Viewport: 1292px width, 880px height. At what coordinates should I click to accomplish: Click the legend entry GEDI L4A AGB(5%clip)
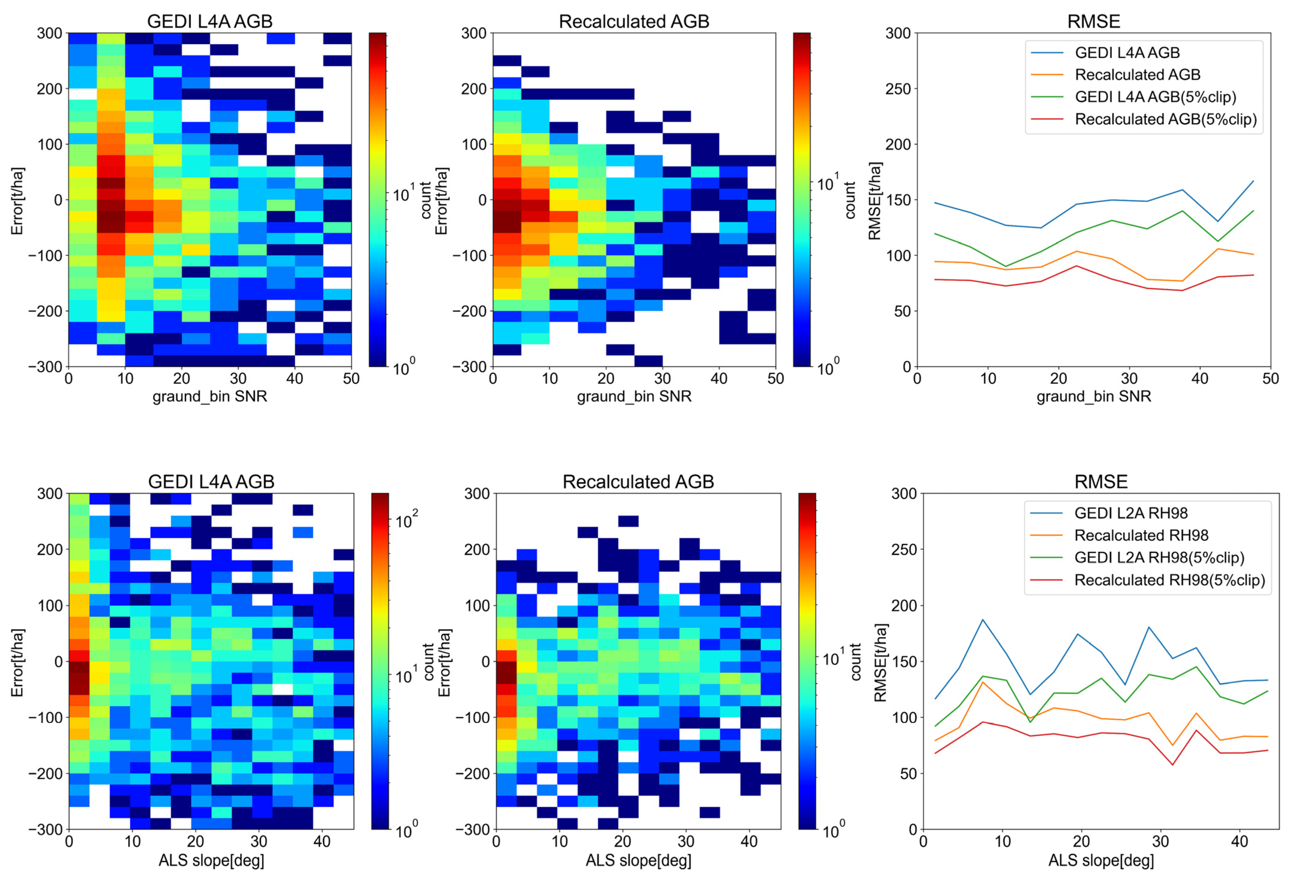coord(1155,97)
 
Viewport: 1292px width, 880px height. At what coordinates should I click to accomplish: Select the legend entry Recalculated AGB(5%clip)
coord(1165,119)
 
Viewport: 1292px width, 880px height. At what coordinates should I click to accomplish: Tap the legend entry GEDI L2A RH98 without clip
coord(1131,513)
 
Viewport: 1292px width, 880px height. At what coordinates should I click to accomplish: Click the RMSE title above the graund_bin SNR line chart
coord(1094,21)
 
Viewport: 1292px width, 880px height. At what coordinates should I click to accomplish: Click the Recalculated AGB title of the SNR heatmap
coord(634,21)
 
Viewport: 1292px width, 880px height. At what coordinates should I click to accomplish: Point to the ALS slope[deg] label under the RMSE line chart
coord(1101,861)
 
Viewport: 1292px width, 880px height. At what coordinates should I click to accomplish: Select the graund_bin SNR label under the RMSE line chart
coord(1094,396)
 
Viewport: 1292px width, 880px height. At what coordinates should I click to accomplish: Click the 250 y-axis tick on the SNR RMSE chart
coord(898,89)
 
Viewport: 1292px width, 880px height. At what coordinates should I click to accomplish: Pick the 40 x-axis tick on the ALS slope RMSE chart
coord(1240,841)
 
